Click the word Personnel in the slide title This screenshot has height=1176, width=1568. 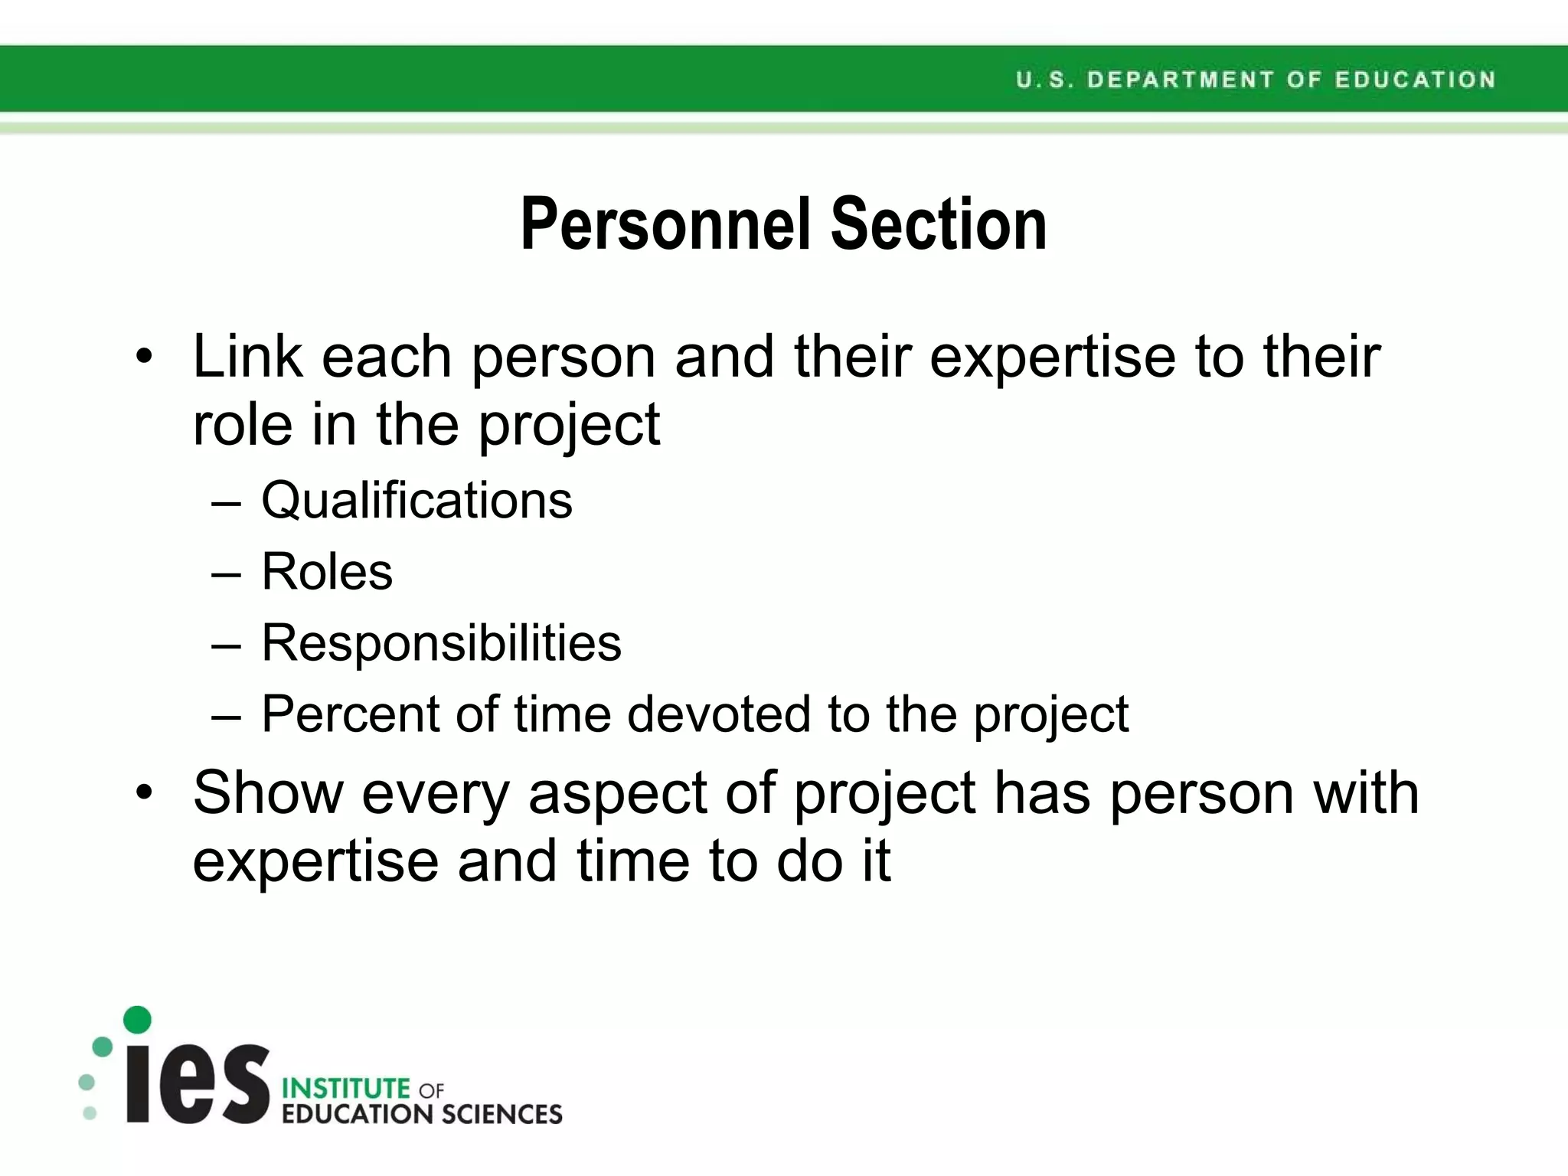pos(665,224)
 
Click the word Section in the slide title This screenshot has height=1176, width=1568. pos(939,224)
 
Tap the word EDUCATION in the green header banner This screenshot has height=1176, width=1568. pos(1415,80)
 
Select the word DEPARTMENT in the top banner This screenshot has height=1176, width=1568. pos(1181,80)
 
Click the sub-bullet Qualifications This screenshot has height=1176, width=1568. pos(416,501)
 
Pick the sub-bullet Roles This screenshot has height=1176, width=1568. pos(327,572)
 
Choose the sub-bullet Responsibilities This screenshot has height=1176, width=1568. pos(441,643)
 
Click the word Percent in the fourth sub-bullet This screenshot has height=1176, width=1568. pos(351,714)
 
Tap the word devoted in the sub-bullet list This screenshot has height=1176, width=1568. pos(718,714)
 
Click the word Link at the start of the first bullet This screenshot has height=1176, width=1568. pos(247,357)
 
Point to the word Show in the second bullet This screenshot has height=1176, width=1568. pos(268,793)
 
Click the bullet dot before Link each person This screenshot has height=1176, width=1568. pos(144,357)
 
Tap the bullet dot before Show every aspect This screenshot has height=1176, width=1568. pos(144,793)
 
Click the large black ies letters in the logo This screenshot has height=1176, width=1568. pos(198,1083)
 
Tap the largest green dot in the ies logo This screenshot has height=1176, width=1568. pos(137,1019)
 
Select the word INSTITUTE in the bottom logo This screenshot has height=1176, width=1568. pos(346,1088)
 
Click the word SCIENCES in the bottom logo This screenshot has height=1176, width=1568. pos(501,1114)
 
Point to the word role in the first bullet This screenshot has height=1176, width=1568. pos(241,426)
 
